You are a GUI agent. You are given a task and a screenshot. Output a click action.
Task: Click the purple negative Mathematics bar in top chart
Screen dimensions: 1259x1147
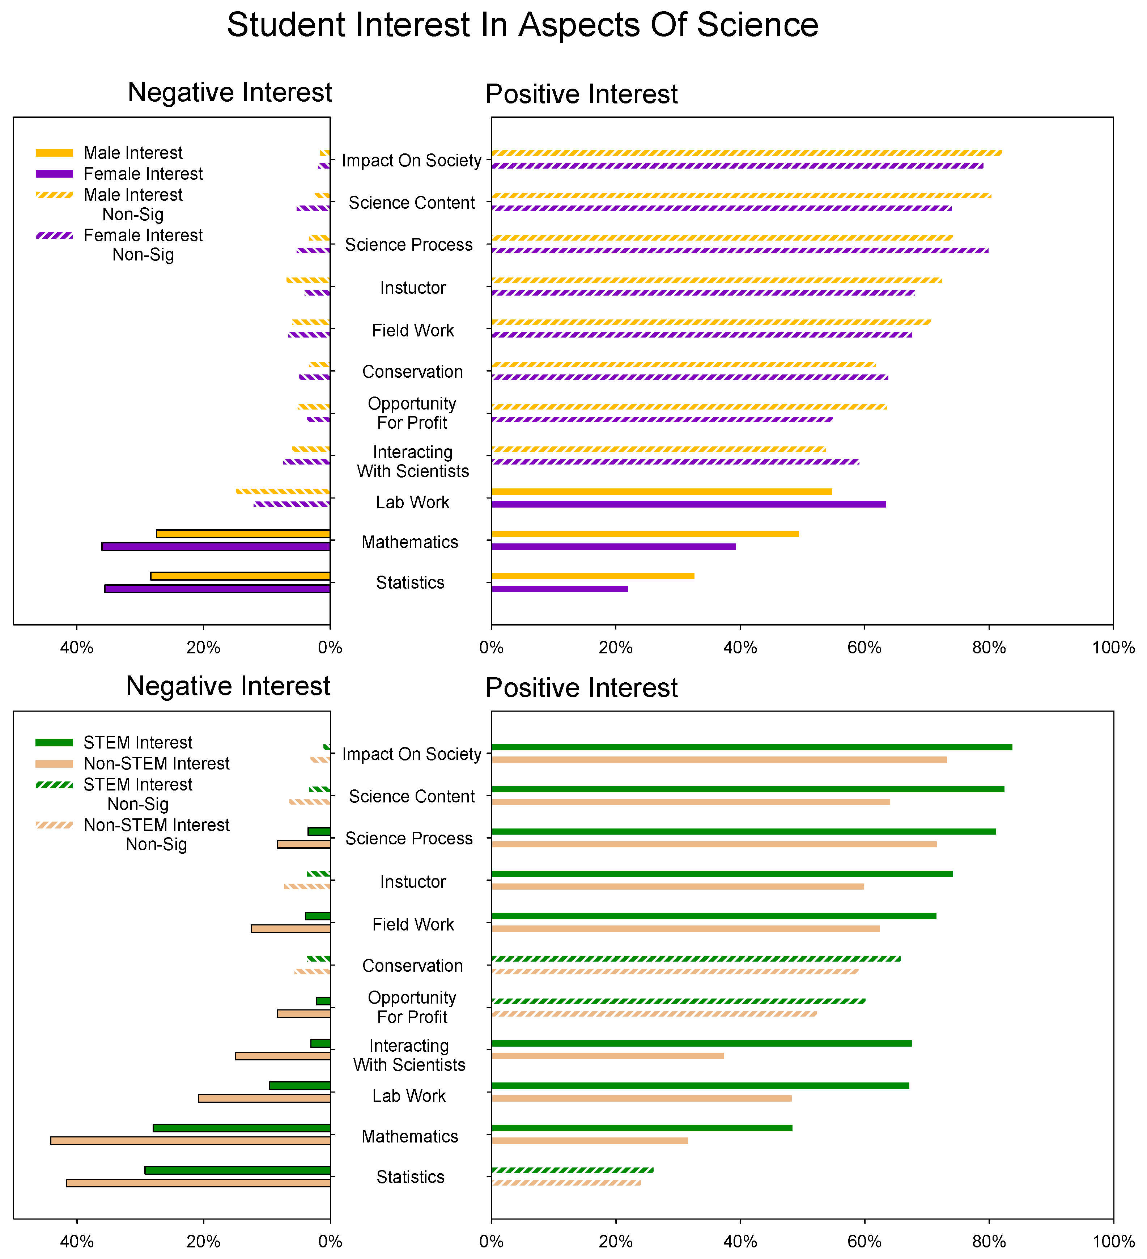[x=216, y=546]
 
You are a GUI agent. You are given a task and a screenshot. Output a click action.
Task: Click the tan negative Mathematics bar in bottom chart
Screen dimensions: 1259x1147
[x=190, y=1140]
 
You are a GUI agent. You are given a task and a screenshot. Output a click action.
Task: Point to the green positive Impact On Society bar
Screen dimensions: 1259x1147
[x=751, y=747]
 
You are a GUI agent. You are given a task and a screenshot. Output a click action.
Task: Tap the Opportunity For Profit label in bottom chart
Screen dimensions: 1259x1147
[x=412, y=1007]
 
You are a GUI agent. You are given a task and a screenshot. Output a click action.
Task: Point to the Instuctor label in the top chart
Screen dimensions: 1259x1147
[x=413, y=288]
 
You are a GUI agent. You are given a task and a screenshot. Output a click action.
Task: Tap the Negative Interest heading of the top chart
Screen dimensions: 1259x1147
[x=229, y=92]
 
